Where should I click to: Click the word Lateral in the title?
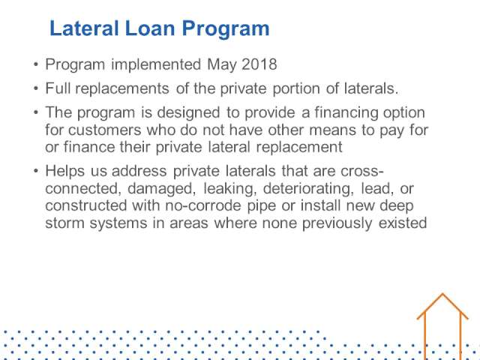(84, 28)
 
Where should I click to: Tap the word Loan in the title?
(150, 28)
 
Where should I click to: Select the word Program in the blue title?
(226, 29)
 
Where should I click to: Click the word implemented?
(156, 65)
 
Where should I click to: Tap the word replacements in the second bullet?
(122, 88)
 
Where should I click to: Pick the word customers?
(105, 130)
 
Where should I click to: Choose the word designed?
(188, 112)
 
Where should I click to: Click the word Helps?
(65, 171)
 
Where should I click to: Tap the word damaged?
(162, 189)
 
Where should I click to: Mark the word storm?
(64, 223)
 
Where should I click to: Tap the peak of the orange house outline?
(442, 294)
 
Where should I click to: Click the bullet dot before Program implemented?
(36, 64)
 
